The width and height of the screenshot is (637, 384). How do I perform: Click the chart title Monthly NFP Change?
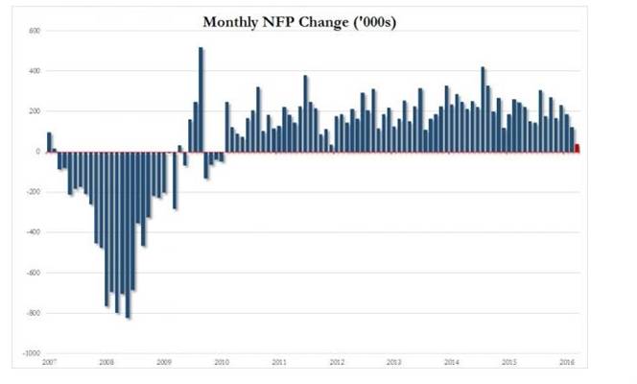[276, 22]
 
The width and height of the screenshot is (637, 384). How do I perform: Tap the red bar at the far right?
[578, 148]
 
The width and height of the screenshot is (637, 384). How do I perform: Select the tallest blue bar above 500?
[201, 100]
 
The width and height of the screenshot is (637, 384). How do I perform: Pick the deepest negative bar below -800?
[128, 235]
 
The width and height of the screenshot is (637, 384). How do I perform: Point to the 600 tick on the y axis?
[35, 31]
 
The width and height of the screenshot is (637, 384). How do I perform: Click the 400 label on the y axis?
[35, 71]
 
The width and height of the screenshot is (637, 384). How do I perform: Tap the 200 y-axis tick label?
[35, 111]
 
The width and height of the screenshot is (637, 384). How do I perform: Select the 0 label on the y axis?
[38, 152]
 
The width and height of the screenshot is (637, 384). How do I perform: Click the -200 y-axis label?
[34, 192]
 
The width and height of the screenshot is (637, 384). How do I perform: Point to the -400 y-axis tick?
[34, 232]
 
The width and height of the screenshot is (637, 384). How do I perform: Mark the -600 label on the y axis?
[34, 273]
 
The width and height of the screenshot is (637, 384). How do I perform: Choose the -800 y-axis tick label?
[34, 313]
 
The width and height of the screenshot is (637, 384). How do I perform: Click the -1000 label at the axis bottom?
[32, 353]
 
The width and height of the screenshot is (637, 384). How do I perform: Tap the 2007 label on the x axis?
[49, 362]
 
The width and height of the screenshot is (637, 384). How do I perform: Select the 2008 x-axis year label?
[106, 362]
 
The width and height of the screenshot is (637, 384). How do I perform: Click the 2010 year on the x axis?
[222, 362]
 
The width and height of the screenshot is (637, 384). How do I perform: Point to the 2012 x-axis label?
[337, 362]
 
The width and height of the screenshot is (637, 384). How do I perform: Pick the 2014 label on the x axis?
[452, 362]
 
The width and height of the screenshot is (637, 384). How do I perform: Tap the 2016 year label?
[567, 362]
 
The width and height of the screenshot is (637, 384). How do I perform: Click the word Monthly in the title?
[230, 22]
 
